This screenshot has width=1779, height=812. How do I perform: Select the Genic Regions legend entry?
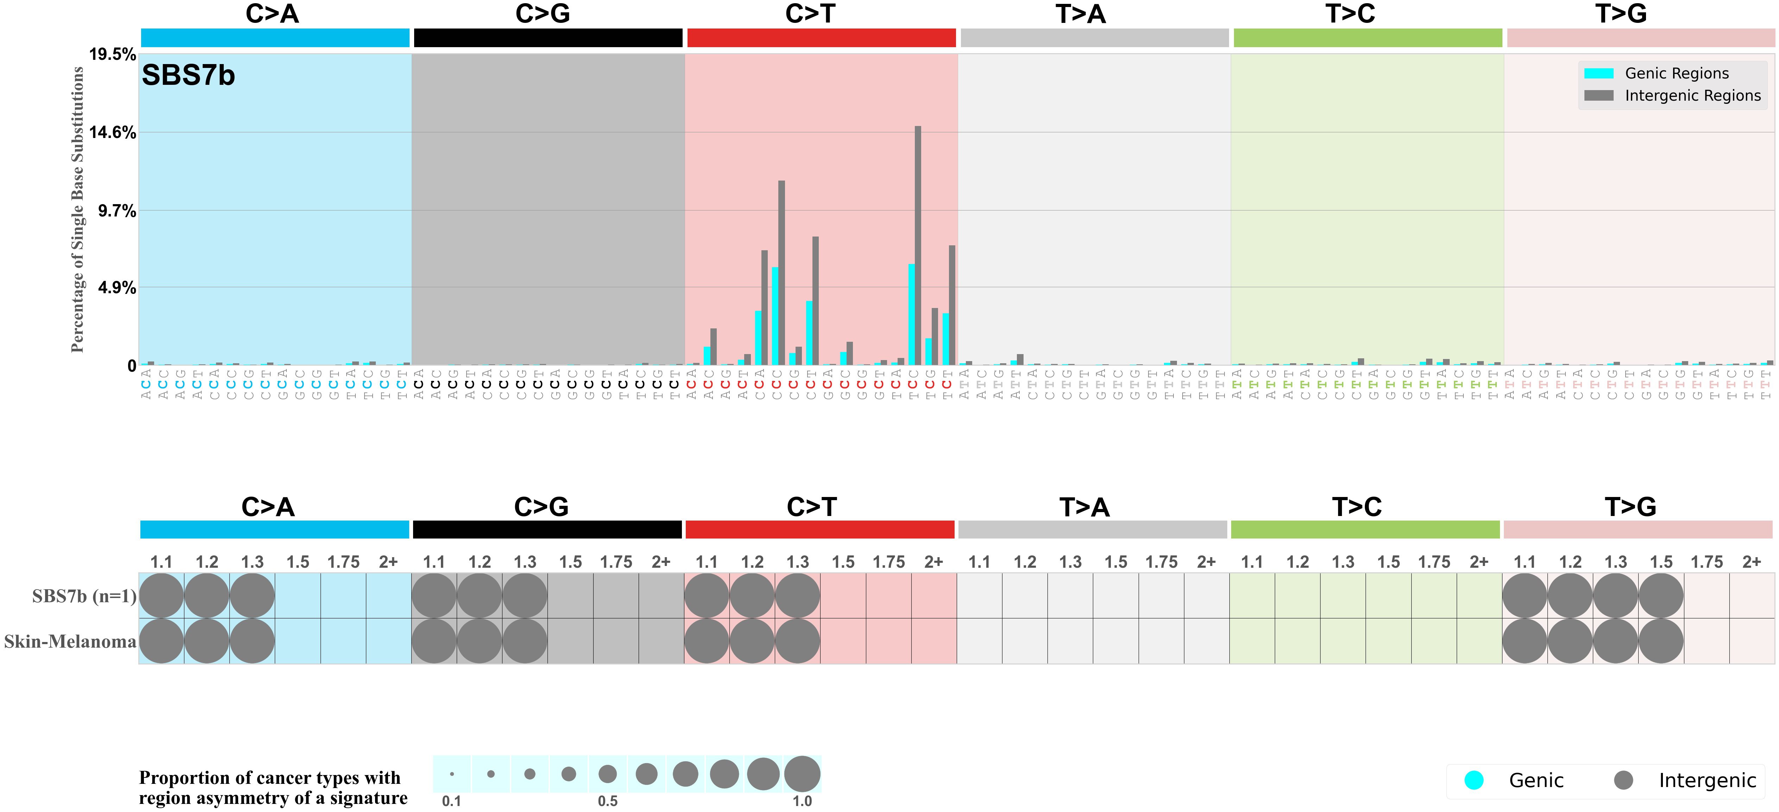[x=1676, y=73]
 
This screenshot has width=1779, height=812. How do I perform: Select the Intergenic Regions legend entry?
[x=1692, y=95]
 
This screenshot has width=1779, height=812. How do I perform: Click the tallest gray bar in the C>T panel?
[x=918, y=245]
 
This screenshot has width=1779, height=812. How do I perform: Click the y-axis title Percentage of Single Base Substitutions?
[x=77, y=209]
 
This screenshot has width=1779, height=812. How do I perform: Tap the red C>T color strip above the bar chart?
[x=821, y=38]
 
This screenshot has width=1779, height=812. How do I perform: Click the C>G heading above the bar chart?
[x=543, y=14]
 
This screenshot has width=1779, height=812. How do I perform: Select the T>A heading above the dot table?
[x=1084, y=507]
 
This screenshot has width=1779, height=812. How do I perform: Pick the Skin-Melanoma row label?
[x=70, y=641]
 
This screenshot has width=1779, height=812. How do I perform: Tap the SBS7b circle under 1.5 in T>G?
[x=1661, y=596]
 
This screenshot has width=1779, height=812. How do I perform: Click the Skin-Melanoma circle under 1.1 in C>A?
[x=162, y=641]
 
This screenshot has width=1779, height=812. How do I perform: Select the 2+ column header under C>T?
[x=934, y=562]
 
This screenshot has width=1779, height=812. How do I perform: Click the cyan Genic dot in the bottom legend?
[x=1474, y=780]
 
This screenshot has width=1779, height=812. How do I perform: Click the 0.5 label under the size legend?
[x=608, y=801]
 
